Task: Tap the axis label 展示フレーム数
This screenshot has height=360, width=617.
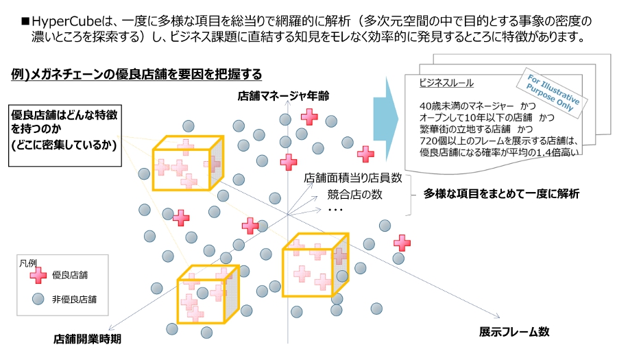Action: coord(513,331)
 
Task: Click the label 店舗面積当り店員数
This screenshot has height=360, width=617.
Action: coord(352,178)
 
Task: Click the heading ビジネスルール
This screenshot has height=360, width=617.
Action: coord(446,82)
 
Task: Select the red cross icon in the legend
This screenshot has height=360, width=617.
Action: coord(38,276)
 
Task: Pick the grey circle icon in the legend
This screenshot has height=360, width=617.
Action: coord(38,299)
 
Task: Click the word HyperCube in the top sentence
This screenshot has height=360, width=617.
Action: coord(66,22)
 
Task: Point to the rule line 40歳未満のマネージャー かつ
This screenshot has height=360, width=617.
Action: coord(478,106)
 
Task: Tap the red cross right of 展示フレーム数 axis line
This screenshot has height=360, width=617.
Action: coord(402,243)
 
